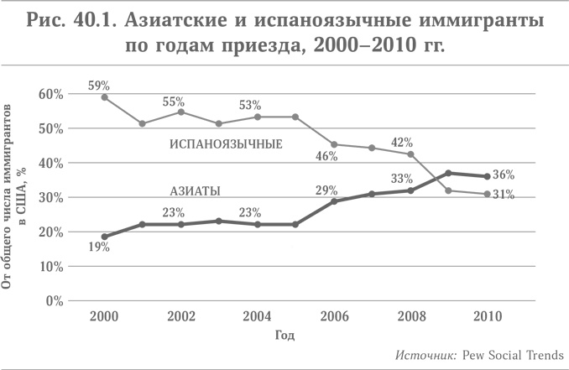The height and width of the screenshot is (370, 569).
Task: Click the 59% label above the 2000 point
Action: coord(101,85)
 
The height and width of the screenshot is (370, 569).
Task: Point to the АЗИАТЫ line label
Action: coord(196,191)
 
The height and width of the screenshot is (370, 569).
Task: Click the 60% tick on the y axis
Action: coord(52,94)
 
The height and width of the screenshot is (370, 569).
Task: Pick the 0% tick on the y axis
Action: coord(55,300)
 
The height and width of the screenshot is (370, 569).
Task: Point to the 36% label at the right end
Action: coord(526,175)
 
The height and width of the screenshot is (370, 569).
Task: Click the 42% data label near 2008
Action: coord(405,141)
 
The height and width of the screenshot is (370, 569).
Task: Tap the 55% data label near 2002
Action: coord(174,102)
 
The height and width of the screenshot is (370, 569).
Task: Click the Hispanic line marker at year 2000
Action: coord(104,97)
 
